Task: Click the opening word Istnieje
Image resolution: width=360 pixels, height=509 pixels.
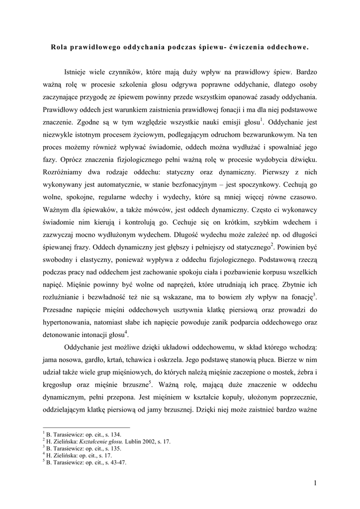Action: pos(78,79)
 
